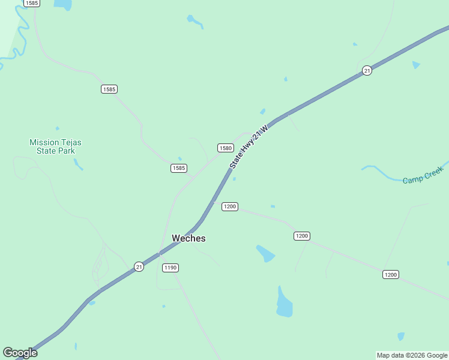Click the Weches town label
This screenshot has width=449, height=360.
188,238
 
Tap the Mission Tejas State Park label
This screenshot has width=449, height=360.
55,146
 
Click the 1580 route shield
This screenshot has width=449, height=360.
225,148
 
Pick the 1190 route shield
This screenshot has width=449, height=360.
170,268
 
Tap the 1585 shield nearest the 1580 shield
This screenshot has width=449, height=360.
179,168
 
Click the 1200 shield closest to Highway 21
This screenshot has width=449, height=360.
230,206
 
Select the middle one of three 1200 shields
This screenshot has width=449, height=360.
302,236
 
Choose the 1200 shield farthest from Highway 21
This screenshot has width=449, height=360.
391,274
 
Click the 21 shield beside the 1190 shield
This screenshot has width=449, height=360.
139,266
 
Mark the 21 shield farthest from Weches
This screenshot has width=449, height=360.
367,71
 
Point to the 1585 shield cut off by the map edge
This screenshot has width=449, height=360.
32,3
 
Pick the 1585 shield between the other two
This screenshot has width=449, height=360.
109,89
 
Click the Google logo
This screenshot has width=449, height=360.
20,353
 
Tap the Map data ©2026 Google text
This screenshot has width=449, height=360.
412,355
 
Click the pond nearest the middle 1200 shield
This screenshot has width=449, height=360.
265,253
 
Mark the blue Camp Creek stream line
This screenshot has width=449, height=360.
384,174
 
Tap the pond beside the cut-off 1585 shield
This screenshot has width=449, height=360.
62,5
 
